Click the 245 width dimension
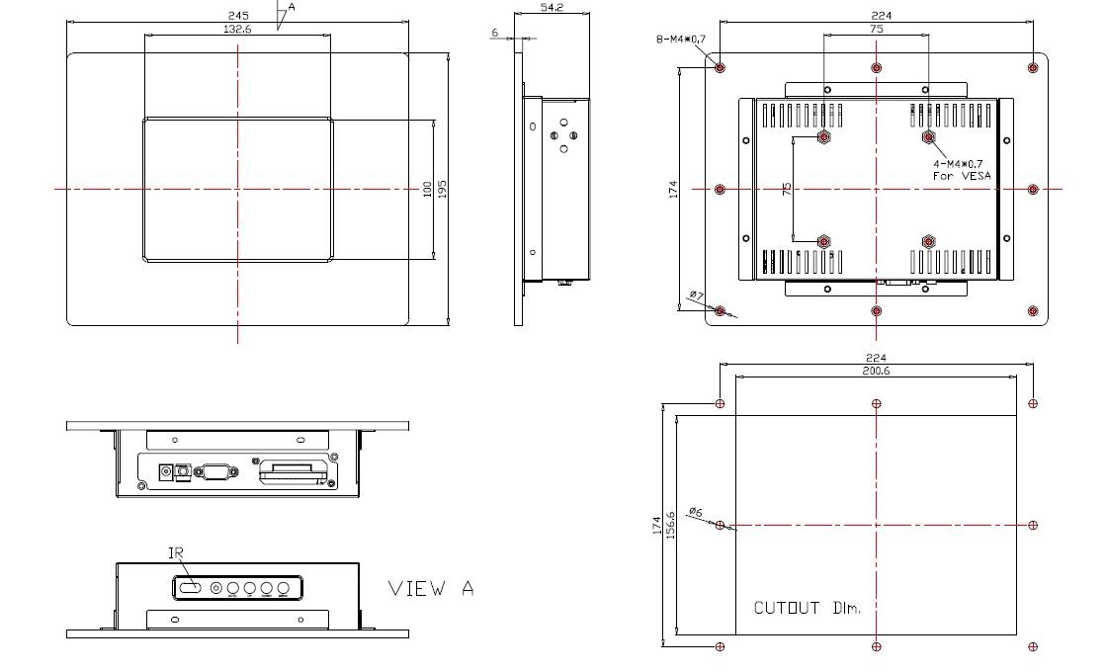tap(237, 16)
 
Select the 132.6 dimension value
tap(237, 30)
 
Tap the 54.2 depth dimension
tap(552, 7)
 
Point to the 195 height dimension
tap(444, 188)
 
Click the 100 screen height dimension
tap(428, 188)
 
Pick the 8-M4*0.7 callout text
tap(681, 40)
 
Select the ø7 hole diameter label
tap(695, 295)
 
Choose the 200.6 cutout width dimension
tap(876, 371)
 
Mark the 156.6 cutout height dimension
tap(671, 526)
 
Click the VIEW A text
tap(431, 588)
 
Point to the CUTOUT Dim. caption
tap(808, 608)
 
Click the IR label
tap(177, 553)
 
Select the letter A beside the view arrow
tap(292, 6)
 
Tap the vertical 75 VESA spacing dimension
tap(787, 189)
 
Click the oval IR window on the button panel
tap(188, 589)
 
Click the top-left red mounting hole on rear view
tap(720, 67)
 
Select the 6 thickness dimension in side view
tap(495, 33)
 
